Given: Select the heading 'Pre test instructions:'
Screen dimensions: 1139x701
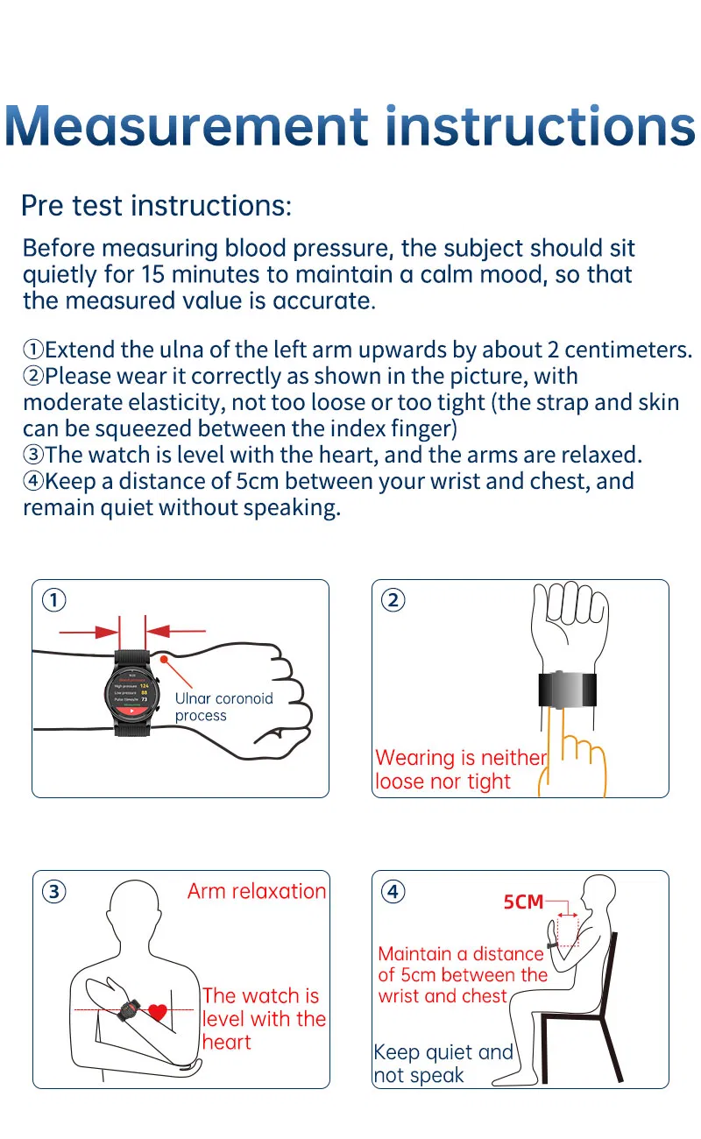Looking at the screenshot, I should tap(155, 206).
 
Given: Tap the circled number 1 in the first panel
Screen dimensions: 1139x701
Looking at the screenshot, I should tap(54, 599).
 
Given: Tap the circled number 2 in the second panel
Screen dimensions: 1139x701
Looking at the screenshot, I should tap(393, 599).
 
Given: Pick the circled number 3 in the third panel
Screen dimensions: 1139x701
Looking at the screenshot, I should tap(54, 891).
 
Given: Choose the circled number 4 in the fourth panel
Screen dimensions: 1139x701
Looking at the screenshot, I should tap(393, 891).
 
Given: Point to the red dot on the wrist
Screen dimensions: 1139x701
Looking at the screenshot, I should tap(162, 657).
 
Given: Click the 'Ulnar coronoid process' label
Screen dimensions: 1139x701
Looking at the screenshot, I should tap(223, 707).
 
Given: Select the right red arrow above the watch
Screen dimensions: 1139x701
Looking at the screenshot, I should tap(175, 630).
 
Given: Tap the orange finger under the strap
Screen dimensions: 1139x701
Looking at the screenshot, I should tap(554, 745).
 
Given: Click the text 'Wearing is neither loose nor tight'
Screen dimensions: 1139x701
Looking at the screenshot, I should tap(459, 769).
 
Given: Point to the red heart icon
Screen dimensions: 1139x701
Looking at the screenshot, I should tap(157, 1013).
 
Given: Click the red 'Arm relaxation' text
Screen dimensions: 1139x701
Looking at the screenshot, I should tap(256, 891).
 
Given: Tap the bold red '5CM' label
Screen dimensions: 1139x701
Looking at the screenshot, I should tap(523, 902).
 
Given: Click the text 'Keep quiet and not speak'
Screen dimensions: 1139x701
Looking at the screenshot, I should tap(443, 1064).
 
